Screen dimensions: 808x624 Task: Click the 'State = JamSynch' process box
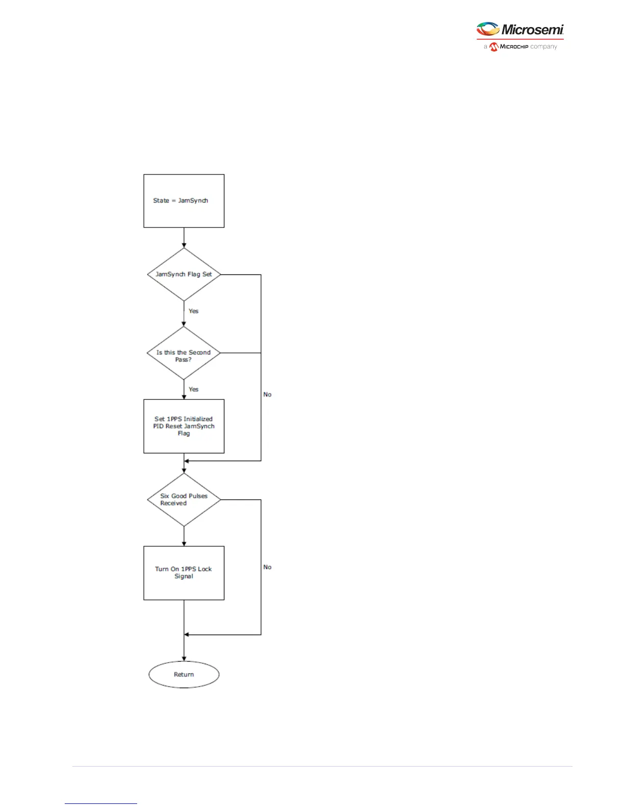coord(184,201)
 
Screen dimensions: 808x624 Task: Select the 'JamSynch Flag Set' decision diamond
coord(184,274)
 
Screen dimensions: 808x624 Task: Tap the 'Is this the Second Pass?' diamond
coord(184,353)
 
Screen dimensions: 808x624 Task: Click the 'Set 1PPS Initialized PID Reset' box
coord(184,426)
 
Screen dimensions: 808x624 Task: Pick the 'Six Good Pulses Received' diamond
coord(184,500)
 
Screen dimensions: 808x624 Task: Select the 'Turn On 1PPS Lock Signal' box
coord(184,573)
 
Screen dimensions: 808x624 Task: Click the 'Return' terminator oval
coord(184,674)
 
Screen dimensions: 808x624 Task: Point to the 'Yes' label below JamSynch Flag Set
coord(194,311)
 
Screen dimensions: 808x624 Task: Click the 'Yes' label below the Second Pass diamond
coord(194,389)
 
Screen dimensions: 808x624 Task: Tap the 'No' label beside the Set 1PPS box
coord(267,395)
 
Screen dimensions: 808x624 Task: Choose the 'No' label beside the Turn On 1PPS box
coord(267,567)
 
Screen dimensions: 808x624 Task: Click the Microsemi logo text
coord(532,30)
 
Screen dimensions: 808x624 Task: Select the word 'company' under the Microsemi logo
coord(543,47)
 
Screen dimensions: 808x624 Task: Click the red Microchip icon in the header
coord(493,47)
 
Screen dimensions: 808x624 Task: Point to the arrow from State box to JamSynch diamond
coord(184,238)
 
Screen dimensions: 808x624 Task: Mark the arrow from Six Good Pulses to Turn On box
coord(184,537)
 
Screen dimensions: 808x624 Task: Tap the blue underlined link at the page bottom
coord(101,803)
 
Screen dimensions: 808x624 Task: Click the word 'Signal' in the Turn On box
coord(184,576)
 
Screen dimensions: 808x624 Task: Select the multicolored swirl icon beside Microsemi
coord(487,29)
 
